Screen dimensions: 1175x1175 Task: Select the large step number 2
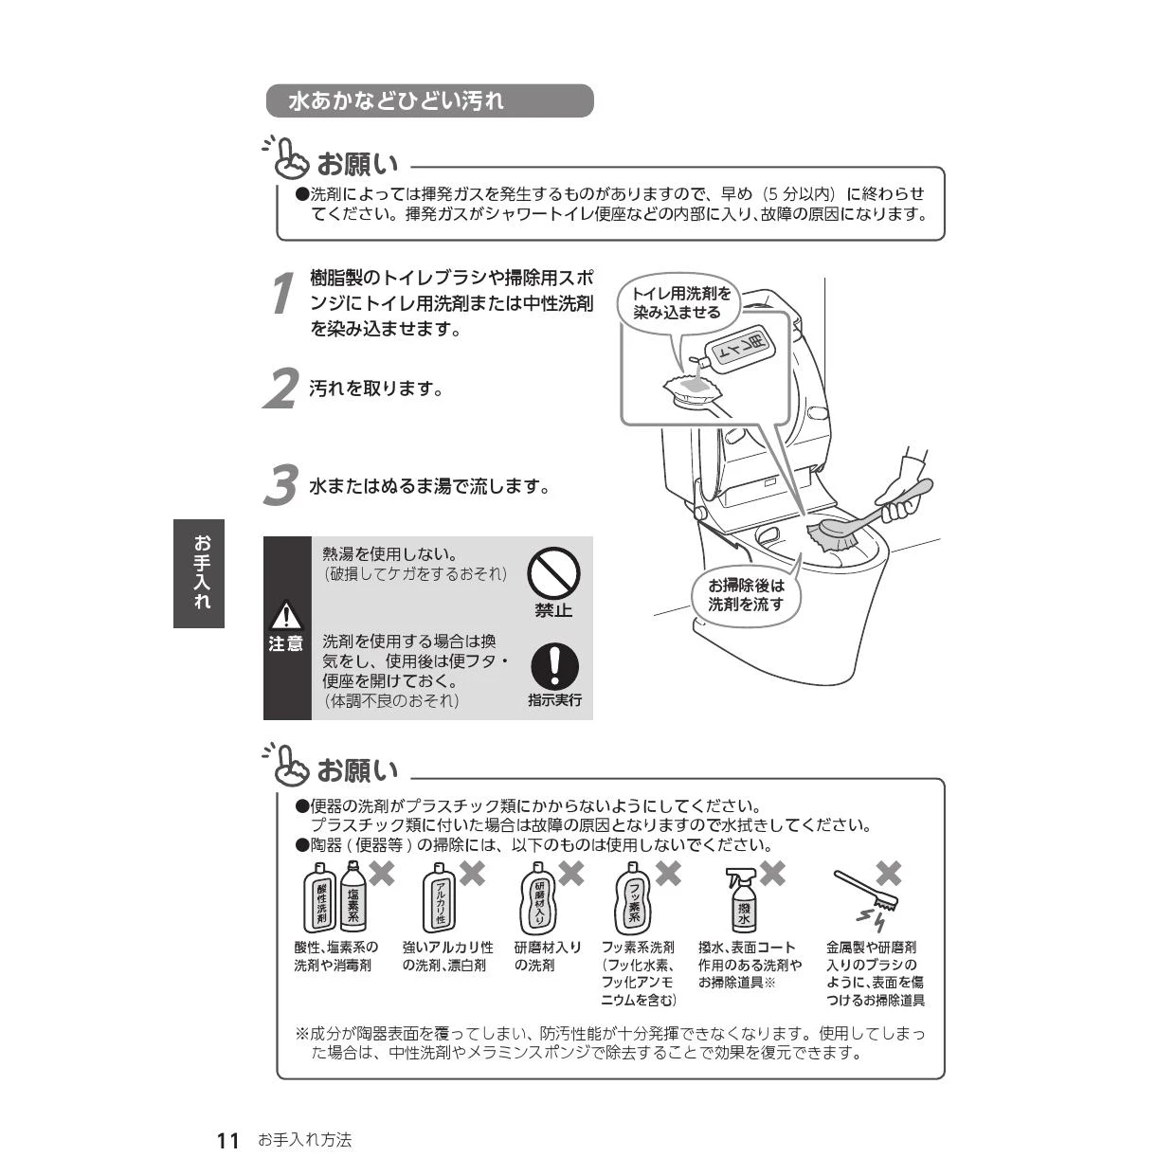280,389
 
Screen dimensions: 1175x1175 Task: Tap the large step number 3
280,486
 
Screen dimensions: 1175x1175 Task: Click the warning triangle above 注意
285,617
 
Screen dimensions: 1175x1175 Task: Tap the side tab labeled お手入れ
199,573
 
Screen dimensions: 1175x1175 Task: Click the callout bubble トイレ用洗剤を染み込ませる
682,303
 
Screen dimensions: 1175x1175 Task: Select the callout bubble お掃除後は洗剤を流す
747,594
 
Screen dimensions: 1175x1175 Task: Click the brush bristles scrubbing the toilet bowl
831,534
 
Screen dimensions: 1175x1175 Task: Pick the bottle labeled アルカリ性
440,900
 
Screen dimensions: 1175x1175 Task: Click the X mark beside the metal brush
888,873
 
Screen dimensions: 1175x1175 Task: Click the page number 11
228,1141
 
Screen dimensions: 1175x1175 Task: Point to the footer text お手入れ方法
304,1141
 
